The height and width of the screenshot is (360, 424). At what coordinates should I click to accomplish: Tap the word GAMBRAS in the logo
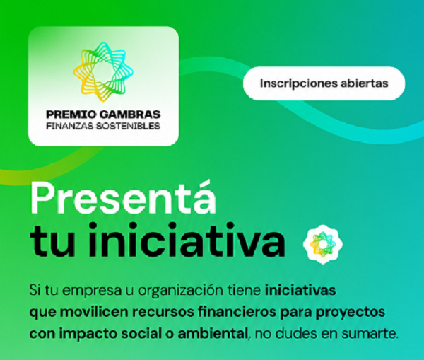click(130, 115)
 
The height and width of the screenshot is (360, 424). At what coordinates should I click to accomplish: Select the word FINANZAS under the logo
click(69, 126)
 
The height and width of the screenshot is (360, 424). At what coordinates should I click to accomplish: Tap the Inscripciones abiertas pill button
click(324, 83)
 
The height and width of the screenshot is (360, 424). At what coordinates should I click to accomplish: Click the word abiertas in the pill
click(364, 83)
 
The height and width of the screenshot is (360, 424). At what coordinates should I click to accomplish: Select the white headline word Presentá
click(123, 199)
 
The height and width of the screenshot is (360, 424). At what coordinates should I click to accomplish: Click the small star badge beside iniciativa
click(323, 244)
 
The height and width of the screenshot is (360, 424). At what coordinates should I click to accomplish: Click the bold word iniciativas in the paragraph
click(300, 290)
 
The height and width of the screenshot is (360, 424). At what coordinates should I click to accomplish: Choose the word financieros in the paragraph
click(237, 312)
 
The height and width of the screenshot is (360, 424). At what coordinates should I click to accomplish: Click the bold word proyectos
click(351, 313)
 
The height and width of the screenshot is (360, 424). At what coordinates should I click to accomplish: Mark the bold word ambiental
click(213, 333)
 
